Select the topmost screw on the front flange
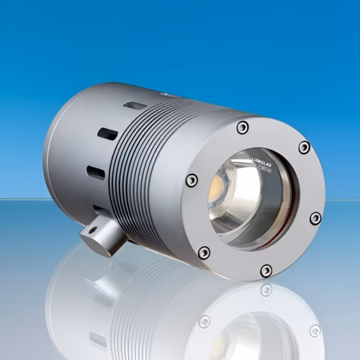tap(243, 127)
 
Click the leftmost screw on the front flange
tap(192, 181)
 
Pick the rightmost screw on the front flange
tap(315, 217)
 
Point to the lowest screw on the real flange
tap(266, 271)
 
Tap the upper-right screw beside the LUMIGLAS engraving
tap(304, 148)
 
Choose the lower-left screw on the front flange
tap(204, 252)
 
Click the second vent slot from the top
tap(107, 134)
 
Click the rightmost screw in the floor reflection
tap(315, 330)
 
